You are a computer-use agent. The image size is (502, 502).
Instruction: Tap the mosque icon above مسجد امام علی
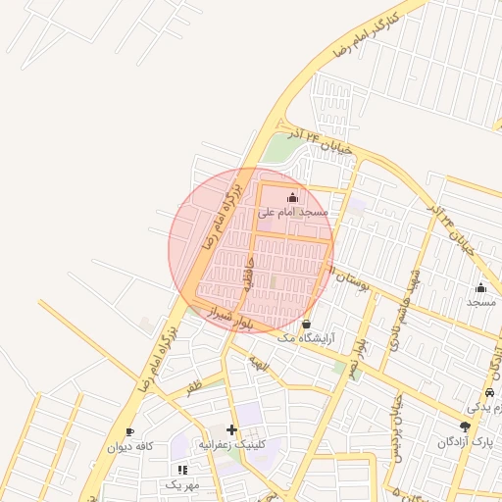tap(292, 198)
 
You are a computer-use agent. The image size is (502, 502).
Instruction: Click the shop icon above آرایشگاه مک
tap(307, 324)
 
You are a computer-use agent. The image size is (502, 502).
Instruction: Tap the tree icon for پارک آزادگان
tap(465, 427)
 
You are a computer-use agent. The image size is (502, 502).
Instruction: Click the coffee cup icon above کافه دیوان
tap(129, 432)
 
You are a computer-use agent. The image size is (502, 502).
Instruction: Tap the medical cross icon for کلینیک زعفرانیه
tap(232, 429)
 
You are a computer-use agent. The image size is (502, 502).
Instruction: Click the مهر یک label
tap(181, 485)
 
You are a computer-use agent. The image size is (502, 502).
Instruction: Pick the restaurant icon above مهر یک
tap(181, 471)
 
